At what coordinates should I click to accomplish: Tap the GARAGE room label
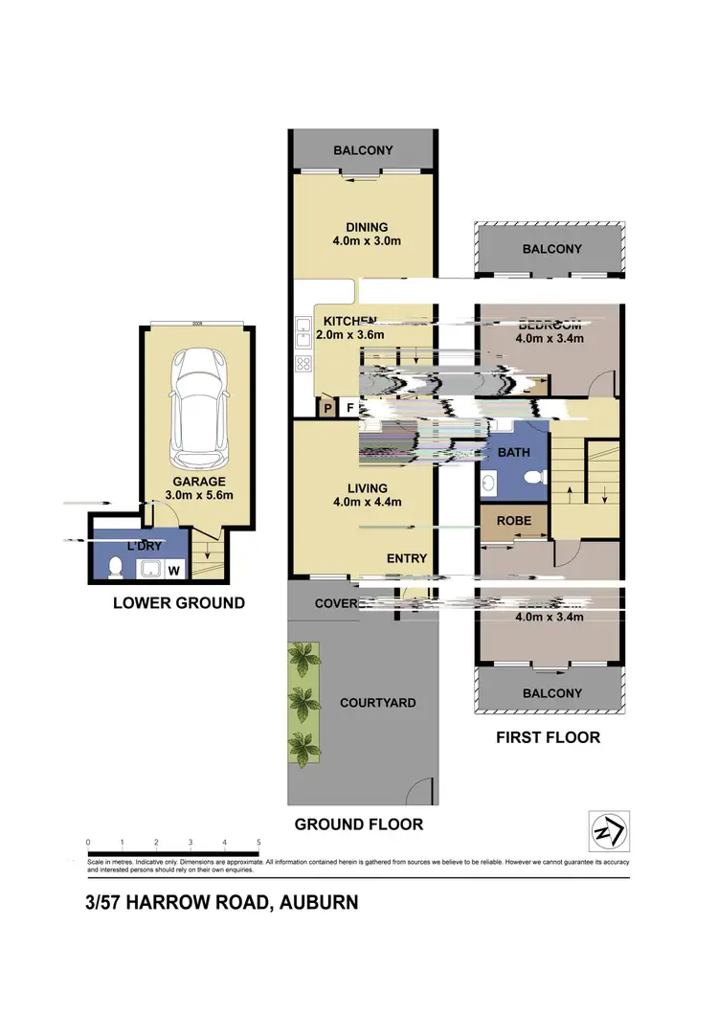point(198,482)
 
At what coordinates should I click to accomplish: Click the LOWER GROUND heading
point(178,603)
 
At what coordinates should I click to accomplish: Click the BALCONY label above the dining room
point(363,150)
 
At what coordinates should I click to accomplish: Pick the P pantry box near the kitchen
point(327,407)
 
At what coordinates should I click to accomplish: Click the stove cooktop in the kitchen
point(303,363)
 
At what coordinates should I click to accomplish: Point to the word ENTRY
point(406,559)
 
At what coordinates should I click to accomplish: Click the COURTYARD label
point(378,703)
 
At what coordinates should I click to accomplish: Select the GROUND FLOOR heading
point(358,824)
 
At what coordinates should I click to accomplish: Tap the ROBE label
point(514,522)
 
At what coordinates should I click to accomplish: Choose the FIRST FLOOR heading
point(547,737)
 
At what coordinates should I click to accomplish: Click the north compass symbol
point(608,829)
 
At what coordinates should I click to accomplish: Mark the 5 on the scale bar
point(258,843)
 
